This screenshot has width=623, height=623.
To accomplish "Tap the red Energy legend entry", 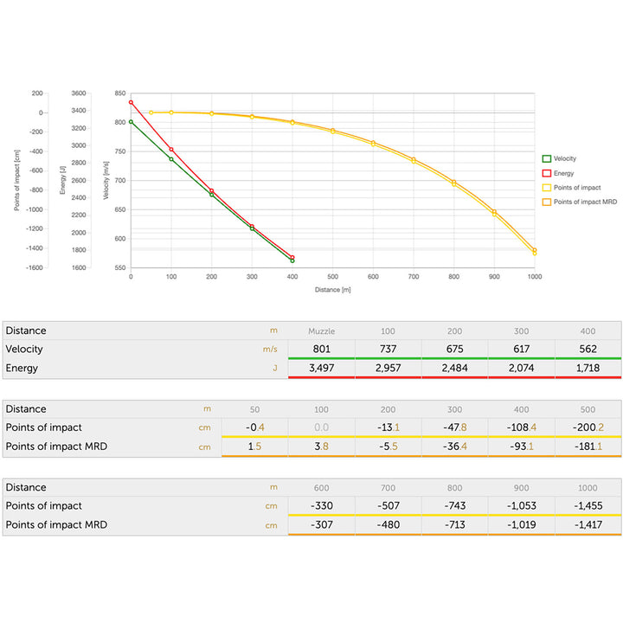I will (x=565, y=173).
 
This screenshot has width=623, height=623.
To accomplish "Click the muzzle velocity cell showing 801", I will (x=321, y=350).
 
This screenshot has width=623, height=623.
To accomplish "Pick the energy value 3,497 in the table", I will (x=321, y=369).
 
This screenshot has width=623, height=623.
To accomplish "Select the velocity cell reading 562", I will (x=588, y=350).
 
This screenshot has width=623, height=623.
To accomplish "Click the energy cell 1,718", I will (x=588, y=369).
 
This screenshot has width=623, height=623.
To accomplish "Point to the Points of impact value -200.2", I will (x=588, y=427).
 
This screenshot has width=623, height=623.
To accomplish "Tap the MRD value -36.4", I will (x=454, y=446).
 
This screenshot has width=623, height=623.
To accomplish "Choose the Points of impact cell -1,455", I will (x=588, y=506).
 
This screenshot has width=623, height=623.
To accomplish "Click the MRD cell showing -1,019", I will (x=521, y=525).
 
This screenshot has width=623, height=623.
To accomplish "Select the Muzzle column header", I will (x=321, y=331).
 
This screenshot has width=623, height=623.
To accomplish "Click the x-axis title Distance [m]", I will (x=332, y=289).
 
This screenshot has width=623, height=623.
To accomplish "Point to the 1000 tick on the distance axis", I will (x=535, y=277).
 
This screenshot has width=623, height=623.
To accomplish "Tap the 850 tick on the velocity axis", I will (x=119, y=93).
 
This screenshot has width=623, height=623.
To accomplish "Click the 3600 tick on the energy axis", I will (x=79, y=93).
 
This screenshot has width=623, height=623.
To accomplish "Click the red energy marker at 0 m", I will (x=131, y=102).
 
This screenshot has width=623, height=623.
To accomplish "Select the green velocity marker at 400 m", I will (x=292, y=260).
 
